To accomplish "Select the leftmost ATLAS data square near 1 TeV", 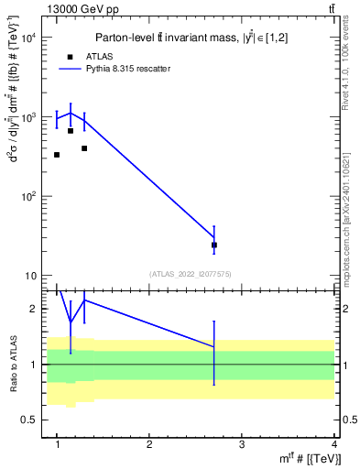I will pyautogui.click(x=57, y=155).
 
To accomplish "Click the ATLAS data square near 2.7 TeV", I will pyautogui.click(x=214, y=245).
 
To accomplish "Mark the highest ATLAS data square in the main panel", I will pyautogui.click(x=71, y=131).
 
